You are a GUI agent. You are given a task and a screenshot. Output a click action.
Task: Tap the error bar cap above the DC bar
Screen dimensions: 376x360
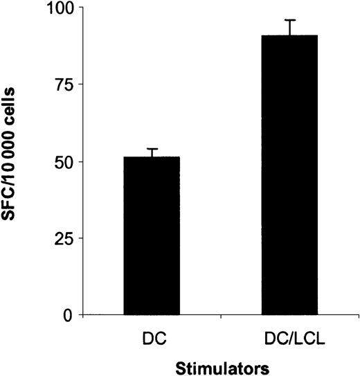[152, 149]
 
